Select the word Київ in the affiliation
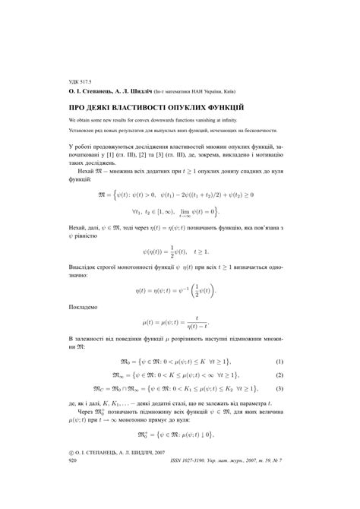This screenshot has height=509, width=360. (x=238, y=90)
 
